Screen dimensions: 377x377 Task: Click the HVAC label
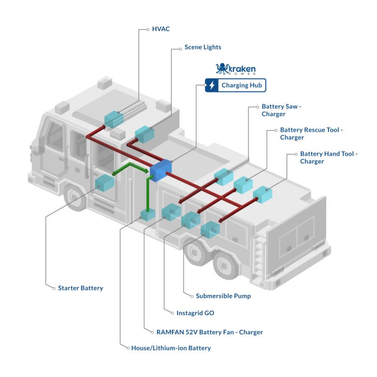(x=161, y=29)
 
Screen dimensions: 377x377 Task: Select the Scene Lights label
(x=202, y=48)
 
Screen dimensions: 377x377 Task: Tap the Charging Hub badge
(x=236, y=85)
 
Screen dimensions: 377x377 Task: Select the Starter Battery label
(x=81, y=288)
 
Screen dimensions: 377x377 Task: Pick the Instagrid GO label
(x=195, y=313)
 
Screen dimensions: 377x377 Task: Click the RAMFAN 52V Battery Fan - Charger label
(x=210, y=332)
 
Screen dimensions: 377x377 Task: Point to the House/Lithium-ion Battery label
(x=171, y=348)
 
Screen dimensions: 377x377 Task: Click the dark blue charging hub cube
(x=161, y=170)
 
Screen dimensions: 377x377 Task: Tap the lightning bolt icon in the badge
(x=212, y=85)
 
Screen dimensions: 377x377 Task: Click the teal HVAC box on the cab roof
(x=113, y=119)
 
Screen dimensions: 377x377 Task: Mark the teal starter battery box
(x=105, y=182)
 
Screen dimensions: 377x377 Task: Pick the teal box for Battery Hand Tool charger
(x=263, y=194)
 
